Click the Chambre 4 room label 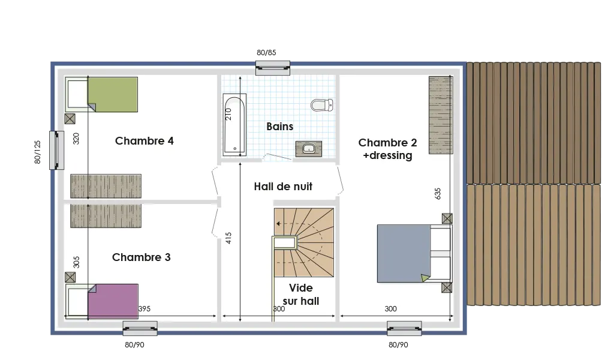point(144,141)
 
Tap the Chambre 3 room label point(141,257)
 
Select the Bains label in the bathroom point(279,127)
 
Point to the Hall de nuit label point(283,187)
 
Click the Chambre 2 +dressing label point(387,149)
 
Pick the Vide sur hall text point(300,295)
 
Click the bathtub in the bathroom point(234,125)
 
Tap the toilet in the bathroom point(321,105)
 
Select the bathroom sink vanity point(308,148)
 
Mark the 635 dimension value point(438,194)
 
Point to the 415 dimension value point(228,238)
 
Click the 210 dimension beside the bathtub point(228,115)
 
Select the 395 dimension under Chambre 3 point(144,309)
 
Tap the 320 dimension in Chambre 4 point(76,139)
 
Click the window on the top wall point(273,67)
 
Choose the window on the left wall point(56,150)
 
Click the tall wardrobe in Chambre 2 point(440,115)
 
